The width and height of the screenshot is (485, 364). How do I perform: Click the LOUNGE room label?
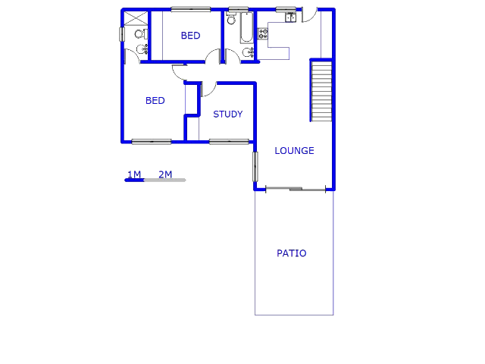[294, 151]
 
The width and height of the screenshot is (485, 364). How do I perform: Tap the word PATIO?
[292, 253]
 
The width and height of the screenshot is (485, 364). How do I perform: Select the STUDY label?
[227, 115]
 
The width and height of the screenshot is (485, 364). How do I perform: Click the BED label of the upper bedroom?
[190, 36]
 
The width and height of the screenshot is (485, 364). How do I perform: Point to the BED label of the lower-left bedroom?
[155, 101]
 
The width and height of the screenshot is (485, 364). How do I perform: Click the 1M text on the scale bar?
[134, 175]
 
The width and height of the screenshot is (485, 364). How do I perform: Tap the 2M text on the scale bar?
[165, 175]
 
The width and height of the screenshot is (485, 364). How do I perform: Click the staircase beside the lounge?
[321, 91]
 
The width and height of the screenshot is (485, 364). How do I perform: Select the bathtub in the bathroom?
[247, 29]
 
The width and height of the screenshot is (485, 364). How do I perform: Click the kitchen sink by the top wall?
[290, 17]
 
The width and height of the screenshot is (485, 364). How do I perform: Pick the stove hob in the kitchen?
[263, 33]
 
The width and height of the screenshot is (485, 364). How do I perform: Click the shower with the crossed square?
[136, 18]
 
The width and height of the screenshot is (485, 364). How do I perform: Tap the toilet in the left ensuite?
[139, 34]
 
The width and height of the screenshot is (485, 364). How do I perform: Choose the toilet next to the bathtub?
[231, 19]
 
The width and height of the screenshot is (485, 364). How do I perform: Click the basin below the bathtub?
[248, 52]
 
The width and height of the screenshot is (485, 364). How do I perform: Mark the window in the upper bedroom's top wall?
[190, 9]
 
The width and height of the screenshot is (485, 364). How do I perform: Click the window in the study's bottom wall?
[229, 141]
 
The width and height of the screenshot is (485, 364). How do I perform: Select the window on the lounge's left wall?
[255, 166]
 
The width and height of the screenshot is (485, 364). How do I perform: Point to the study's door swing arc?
[208, 89]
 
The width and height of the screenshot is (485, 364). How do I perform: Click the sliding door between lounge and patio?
[294, 188]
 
